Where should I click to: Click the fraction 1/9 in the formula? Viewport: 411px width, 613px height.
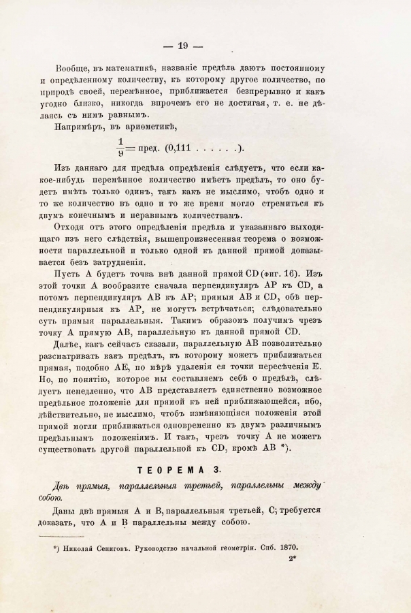(120, 149)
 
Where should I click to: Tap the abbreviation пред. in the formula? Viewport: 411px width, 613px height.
(144, 149)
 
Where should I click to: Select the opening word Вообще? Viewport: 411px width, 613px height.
(76, 68)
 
